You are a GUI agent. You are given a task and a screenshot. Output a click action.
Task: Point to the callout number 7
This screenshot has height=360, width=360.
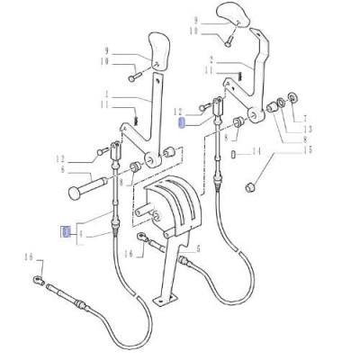(303, 119)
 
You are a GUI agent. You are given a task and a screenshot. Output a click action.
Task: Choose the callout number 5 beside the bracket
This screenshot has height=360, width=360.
(198, 247)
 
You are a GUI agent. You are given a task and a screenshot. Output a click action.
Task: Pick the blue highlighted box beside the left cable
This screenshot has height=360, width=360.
(64, 232)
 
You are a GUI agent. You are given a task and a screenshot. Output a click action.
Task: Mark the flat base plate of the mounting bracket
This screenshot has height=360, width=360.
(163, 301)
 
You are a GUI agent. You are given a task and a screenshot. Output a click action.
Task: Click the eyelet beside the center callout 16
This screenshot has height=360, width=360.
(143, 238)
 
